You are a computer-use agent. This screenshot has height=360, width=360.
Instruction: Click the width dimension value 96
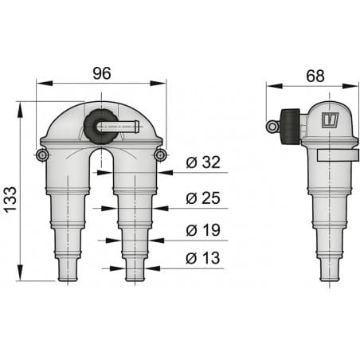coord(101,72)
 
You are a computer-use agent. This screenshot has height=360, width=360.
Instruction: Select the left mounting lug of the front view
coord(42,154)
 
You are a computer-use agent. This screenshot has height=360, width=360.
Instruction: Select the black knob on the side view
coord(291,125)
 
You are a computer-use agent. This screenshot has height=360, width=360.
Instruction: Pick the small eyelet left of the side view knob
coord(272,125)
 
